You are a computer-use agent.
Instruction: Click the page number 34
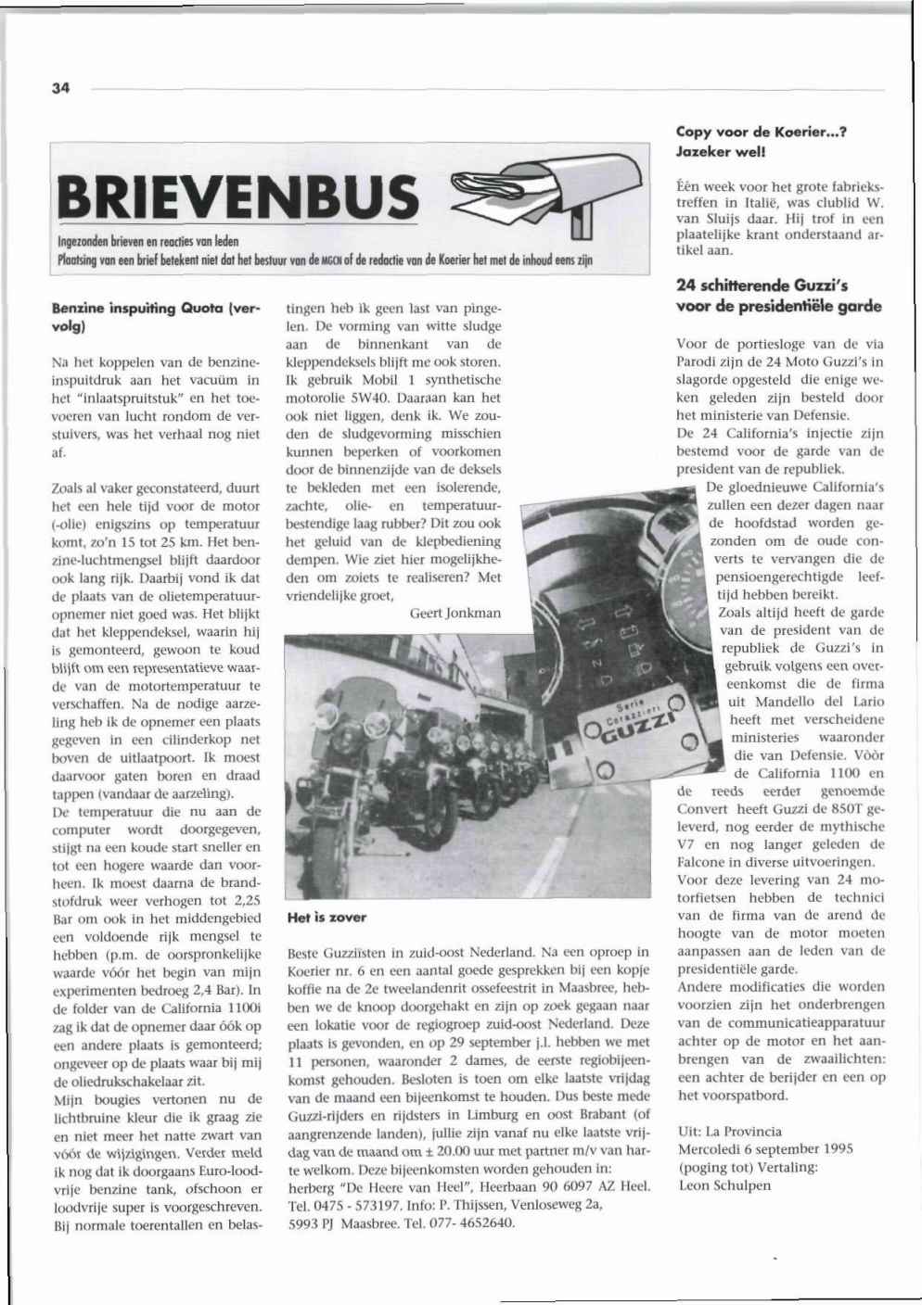point(61,88)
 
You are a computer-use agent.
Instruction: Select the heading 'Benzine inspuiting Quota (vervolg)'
point(156,316)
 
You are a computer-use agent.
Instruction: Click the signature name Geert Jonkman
point(455,613)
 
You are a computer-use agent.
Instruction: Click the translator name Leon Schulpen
point(724,1185)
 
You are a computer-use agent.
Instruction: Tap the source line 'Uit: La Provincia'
point(730,1132)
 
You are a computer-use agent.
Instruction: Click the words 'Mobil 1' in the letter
point(396,380)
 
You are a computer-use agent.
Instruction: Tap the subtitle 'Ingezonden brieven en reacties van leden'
point(147,241)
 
